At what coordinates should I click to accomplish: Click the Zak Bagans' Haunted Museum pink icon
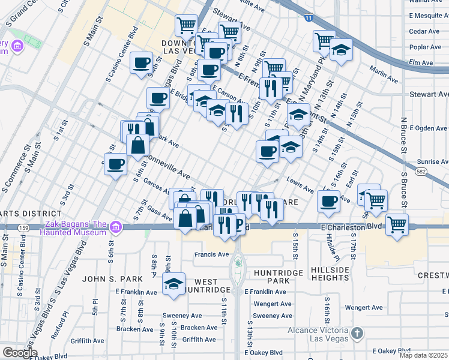(116, 227)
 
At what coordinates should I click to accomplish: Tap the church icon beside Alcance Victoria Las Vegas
(357, 332)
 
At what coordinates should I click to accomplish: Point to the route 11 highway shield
(308, 19)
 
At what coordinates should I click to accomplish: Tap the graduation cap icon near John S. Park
(174, 284)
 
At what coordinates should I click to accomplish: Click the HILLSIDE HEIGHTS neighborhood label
(330, 274)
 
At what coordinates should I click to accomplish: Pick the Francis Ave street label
(211, 254)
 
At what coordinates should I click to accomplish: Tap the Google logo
(20, 353)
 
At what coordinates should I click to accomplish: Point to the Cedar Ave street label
(424, 31)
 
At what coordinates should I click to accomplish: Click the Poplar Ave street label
(424, 47)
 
